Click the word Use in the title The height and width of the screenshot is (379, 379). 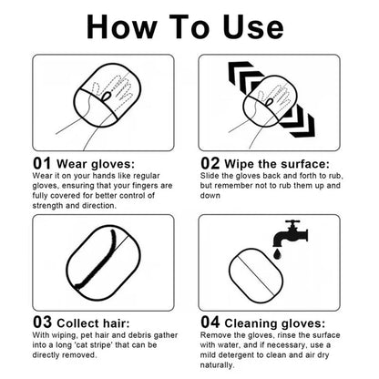pyautogui.click(x=252, y=26)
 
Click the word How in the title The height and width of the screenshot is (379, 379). pyautogui.click(x=122, y=26)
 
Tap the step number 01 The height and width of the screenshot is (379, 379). pyautogui.click(x=42, y=163)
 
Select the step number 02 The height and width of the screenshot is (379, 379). pyautogui.click(x=210, y=163)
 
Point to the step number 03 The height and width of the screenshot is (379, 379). pyautogui.click(x=42, y=323)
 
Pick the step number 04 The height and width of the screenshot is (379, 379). pyautogui.click(x=210, y=323)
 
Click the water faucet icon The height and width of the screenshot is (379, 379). pyautogui.click(x=291, y=233)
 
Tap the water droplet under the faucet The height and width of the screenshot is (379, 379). pyautogui.click(x=277, y=253)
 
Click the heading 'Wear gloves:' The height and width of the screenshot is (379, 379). pyautogui.click(x=96, y=164)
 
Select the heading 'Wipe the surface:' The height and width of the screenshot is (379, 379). pyautogui.click(x=277, y=164)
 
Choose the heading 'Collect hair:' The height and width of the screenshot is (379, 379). pyautogui.click(x=93, y=323)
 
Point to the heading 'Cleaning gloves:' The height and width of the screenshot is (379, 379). pyautogui.click(x=275, y=323)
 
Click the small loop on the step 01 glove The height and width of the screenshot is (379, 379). pyautogui.click(x=107, y=97)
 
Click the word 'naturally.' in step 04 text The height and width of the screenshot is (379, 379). pyautogui.click(x=218, y=365)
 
